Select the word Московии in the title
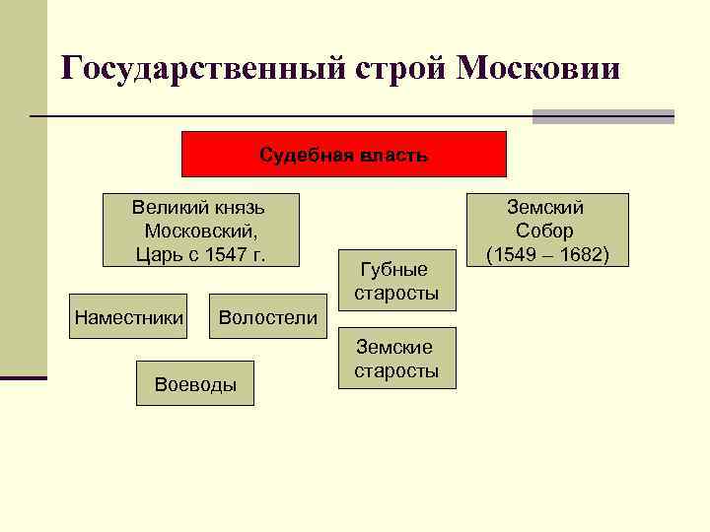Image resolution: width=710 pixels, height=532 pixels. click(x=538, y=69)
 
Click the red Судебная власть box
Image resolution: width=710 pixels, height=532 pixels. click(x=343, y=155)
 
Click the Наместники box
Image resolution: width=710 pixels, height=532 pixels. click(x=128, y=317)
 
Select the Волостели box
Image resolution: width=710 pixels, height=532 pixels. click(x=267, y=317)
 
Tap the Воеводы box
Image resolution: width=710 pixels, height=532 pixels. click(x=195, y=384)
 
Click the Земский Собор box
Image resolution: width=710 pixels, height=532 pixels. click(x=545, y=231)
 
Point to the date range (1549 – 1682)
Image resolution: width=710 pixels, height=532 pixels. click(x=545, y=254)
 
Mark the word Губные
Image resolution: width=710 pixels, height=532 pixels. click(x=394, y=270)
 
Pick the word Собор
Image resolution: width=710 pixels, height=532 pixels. click(x=544, y=231)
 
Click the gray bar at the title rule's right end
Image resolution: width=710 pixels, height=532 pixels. click(x=603, y=116)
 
